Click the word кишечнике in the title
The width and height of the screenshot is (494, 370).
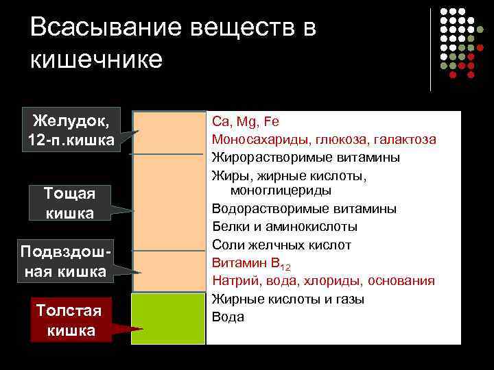pos(97,59)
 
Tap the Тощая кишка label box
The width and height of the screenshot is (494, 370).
pos(70,203)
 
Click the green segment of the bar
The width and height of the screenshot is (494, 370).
pos(169,319)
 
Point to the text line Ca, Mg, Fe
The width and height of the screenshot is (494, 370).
pos(246,122)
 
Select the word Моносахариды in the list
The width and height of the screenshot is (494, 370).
pos(261,140)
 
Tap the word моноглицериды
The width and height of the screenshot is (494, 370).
pos(281,190)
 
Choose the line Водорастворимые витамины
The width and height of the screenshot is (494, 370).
pos(304,208)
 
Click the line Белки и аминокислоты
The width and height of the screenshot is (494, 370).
pos(284,226)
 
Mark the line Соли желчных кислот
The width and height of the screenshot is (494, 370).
pos(281,245)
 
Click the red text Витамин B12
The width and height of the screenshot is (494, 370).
pos(251,263)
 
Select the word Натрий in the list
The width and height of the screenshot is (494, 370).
pos(233,281)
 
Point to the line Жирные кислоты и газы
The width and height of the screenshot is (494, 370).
pos(288,299)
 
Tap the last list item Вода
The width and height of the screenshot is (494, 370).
pos(228,317)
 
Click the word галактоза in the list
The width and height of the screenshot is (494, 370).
pos(404,140)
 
